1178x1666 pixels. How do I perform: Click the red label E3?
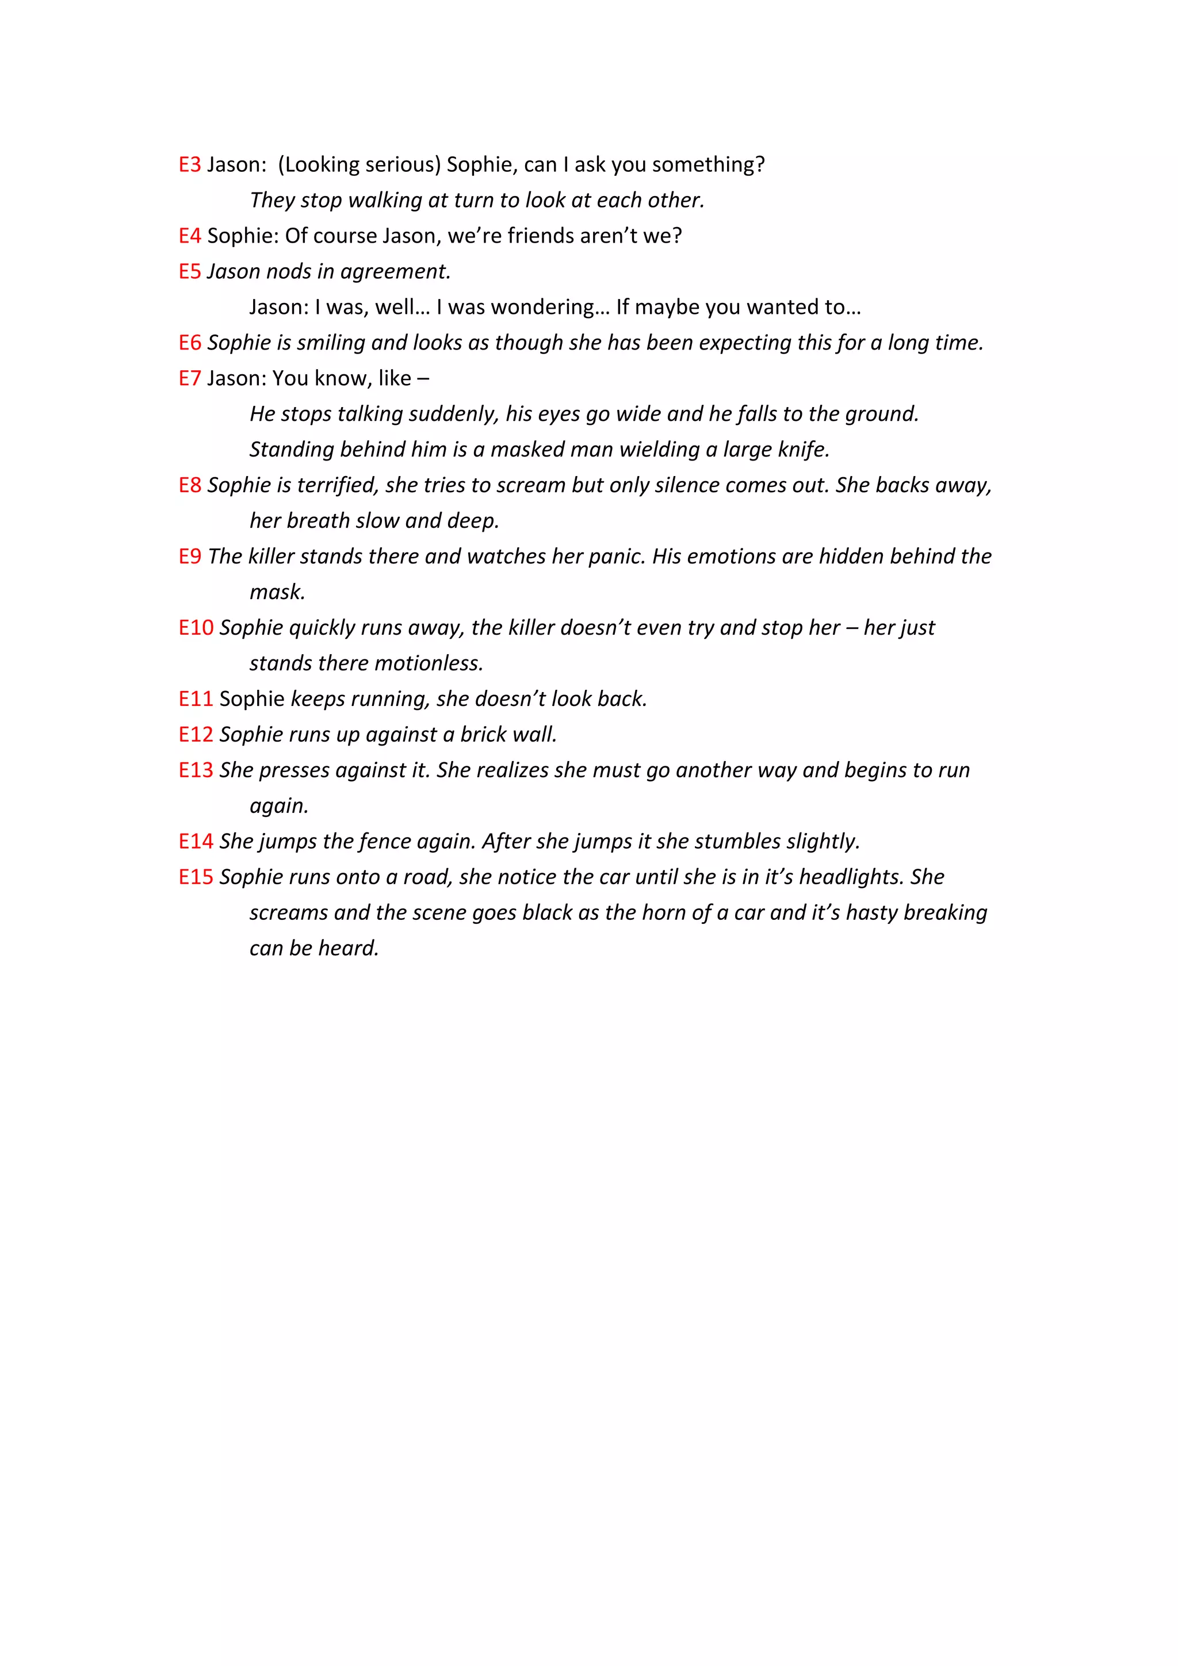189,165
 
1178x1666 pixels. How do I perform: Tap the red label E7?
189,378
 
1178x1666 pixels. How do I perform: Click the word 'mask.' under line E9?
277,592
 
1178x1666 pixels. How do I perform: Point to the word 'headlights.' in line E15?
851,877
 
